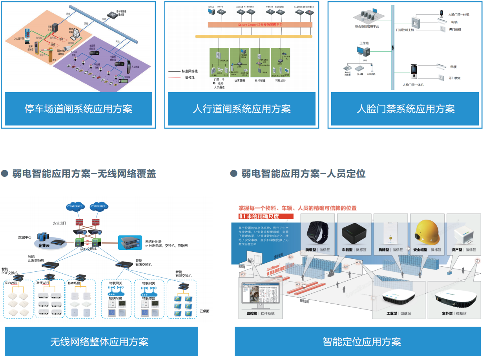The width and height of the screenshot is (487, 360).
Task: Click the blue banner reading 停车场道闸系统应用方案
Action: pyautogui.click(x=78, y=109)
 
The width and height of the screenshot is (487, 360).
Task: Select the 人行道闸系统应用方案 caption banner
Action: pyautogui.click(x=241, y=109)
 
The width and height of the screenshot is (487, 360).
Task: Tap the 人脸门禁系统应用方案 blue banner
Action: pyautogui.click(x=405, y=109)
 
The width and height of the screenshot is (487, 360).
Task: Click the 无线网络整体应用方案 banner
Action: pyautogui.click(x=101, y=342)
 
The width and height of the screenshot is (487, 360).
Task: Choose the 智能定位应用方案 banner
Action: pyautogui.click(x=357, y=342)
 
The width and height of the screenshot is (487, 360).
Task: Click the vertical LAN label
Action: pyautogui.click(x=392, y=48)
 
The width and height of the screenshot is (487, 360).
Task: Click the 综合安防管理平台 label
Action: pyautogui.click(x=367, y=27)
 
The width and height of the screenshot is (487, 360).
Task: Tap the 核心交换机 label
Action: pyautogui.click(x=88, y=249)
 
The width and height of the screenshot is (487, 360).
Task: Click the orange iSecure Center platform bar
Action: pyautogui.click(x=260, y=25)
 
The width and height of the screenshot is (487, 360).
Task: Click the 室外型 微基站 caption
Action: pyautogui.click(x=453, y=314)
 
